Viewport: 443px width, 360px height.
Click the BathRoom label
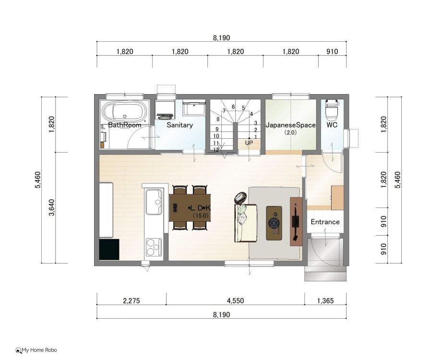(125, 125)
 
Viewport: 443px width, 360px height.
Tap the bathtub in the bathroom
(125, 112)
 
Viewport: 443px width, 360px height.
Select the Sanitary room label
(180, 125)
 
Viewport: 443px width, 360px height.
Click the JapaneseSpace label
(290, 125)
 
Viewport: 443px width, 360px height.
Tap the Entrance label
(325, 222)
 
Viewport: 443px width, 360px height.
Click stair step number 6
(233, 107)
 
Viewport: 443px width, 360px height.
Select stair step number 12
(216, 150)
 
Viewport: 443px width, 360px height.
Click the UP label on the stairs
(249, 143)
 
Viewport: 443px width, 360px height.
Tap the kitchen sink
(154, 202)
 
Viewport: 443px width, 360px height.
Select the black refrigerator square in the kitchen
(109, 250)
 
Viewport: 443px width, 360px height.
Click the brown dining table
(190, 208)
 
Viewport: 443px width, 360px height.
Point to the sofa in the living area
(246, 223)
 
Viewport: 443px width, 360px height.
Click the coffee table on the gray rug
(274, 223)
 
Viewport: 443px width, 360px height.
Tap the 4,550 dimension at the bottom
(235, 300)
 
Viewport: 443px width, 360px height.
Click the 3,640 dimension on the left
(52, 207)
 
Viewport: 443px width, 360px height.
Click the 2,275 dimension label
(132, 300)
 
